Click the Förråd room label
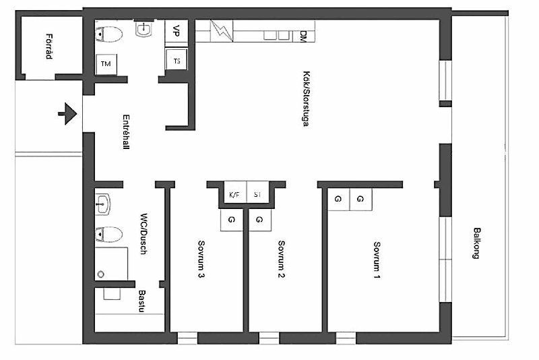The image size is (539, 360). click(49, 47)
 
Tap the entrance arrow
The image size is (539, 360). click(67, 113)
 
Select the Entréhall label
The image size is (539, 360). click(126, 131)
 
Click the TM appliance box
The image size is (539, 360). click(106, 64)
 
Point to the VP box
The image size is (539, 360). click(177, 31)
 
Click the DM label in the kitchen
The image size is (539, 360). click(303, 36)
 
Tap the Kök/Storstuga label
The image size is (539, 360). click(306, 98)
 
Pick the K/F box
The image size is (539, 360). click(234, 194)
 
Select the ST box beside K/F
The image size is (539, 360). click(258, 194)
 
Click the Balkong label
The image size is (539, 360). click(476, 243)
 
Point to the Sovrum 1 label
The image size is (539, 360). click(377, 260)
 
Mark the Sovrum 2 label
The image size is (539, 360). click(281, 260)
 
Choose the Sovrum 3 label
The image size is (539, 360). click(201, 260)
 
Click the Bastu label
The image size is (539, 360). click(142, 301)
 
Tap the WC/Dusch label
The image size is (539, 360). click(144, 234)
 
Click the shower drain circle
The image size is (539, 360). click(100, 274)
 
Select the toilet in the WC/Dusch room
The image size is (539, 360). click(108, 235)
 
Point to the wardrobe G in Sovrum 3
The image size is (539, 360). click(232, 220)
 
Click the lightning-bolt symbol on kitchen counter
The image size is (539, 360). click(222, 31)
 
